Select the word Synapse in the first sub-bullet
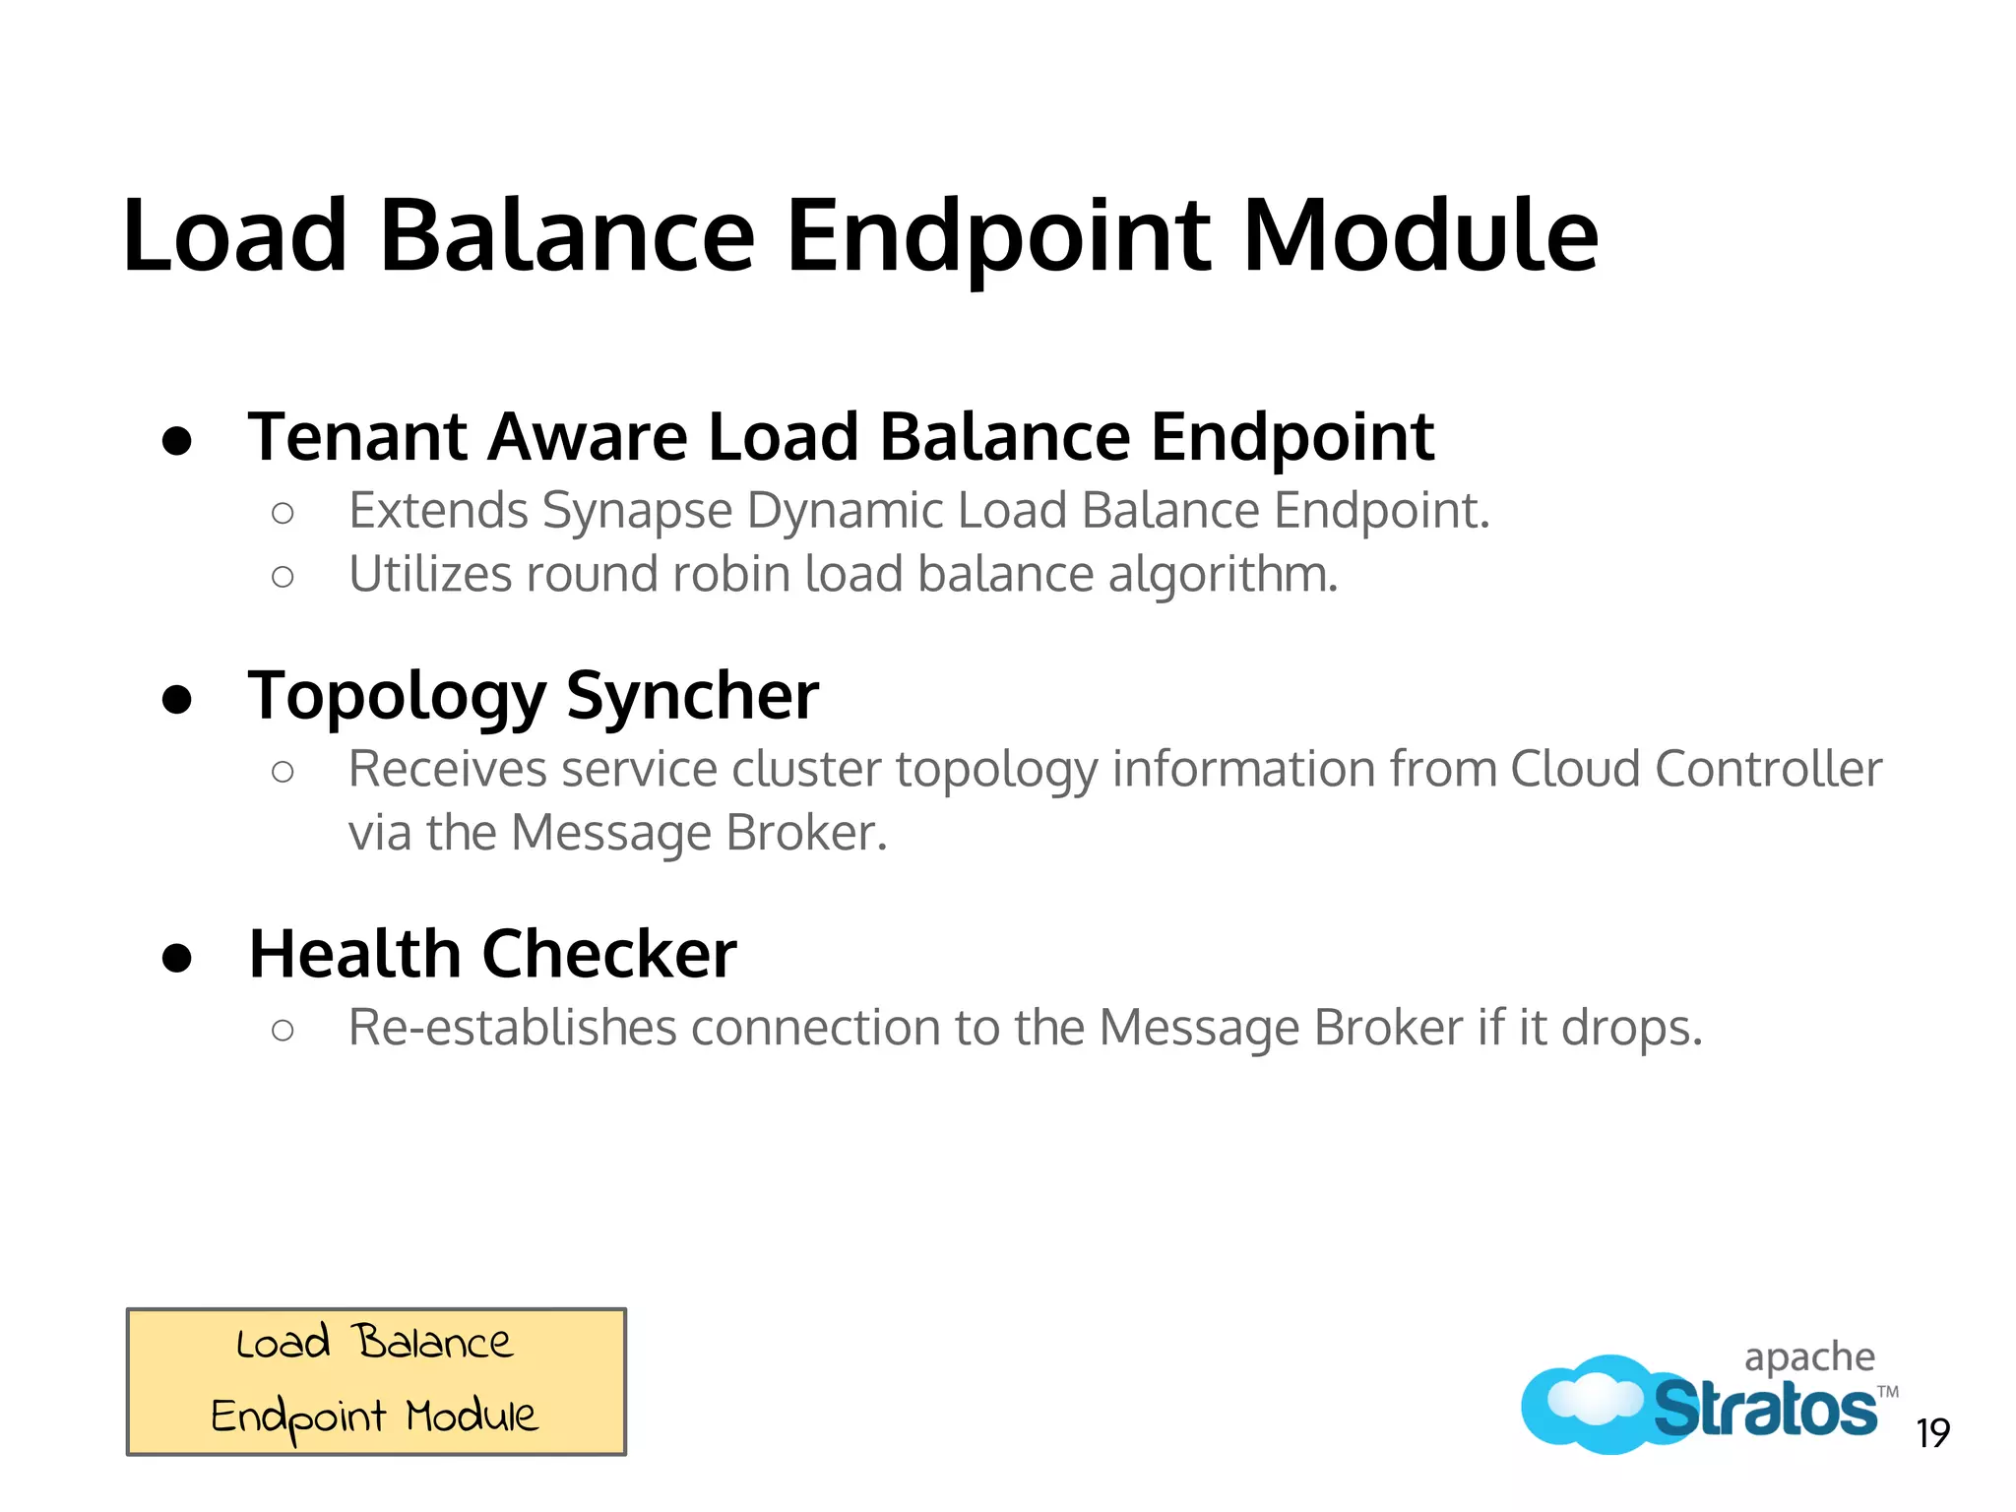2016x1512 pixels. coord(637,511)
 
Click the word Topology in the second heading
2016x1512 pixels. coord(396,697)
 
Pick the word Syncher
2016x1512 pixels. coord(692,697)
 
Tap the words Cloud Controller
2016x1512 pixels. coord(1695,769)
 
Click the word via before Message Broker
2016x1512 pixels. coord(380,833)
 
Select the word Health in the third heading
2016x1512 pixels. coord(354,954)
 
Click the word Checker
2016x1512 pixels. coord(608,954)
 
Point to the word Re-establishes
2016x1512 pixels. coord(512,1028)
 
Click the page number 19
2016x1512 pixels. coord(1932,1433)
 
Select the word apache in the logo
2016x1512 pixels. coord(1809,1358)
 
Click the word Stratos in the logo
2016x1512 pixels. coord(1764,1410)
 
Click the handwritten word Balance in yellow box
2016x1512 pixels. coord(433,1343)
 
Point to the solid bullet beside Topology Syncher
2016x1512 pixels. coord(177,699)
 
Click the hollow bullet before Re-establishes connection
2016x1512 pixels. coord(283,1031)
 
